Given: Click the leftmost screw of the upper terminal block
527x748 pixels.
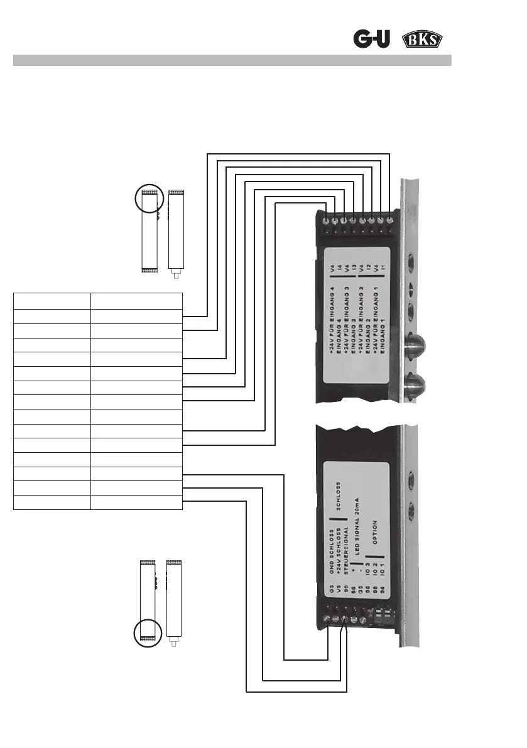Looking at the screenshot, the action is click(x=325, y=220).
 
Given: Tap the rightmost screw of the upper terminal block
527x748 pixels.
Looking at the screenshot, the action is click(x=391, y=220).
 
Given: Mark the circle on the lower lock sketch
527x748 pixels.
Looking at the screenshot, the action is click(x=148, y=632).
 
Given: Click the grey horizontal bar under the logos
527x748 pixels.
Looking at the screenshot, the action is click(x=232, y=60).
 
